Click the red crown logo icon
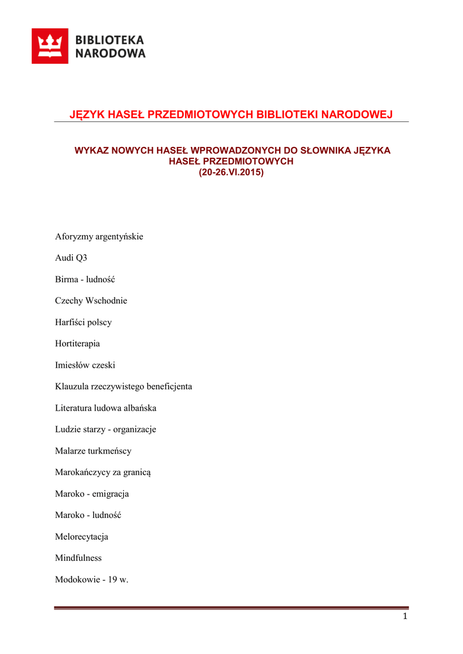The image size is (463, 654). (x=50, y=46)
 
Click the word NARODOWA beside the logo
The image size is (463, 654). (x=110, y=54)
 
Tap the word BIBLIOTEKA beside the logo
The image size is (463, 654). (x=110, y=40)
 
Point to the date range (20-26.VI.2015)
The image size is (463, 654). (x=231, y=172)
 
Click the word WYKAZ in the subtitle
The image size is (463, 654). (x=91, y=151)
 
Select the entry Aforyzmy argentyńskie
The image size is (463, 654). (x=99, y=237)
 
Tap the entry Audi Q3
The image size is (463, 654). (x=71, y=258)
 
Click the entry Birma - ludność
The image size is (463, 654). (x=85, y=280)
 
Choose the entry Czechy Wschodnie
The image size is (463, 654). (x=91, y=301)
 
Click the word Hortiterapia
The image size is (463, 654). (x=78, y=344)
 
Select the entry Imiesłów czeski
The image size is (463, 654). (x=86, y=365)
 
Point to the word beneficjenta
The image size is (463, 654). (x=169, y=386)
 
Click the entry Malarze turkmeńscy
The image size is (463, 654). (x=93, y=451)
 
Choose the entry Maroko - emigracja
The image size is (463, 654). (x=92, y=494)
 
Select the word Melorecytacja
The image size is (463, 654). (x=82, y=536)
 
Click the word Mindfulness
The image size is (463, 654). (x=79, y=558)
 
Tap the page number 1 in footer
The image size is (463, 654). (x=405, y=616)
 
